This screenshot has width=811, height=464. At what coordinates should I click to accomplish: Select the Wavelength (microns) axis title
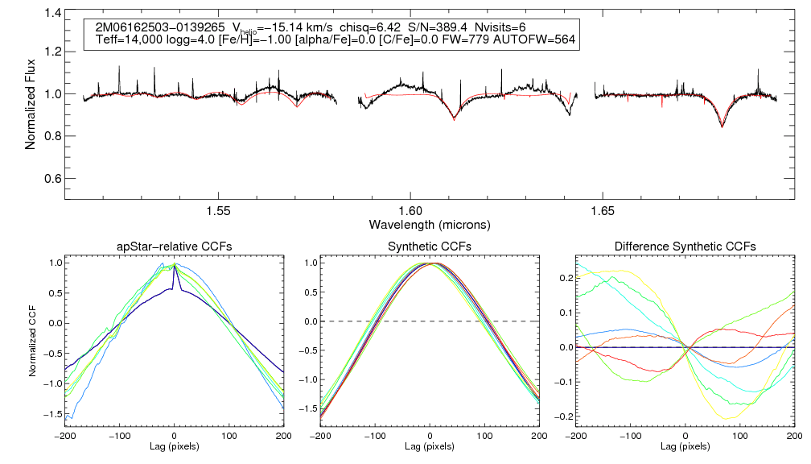(x=430, y=223)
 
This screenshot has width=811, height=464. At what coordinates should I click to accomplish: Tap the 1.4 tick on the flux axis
(x=53, y=13)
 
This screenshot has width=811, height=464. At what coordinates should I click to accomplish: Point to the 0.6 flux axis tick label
(x=53, y=178)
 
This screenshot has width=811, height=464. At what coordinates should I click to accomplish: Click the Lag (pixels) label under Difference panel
(x=685, y=445)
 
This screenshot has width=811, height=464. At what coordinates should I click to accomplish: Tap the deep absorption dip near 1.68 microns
(x=722, y=125)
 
